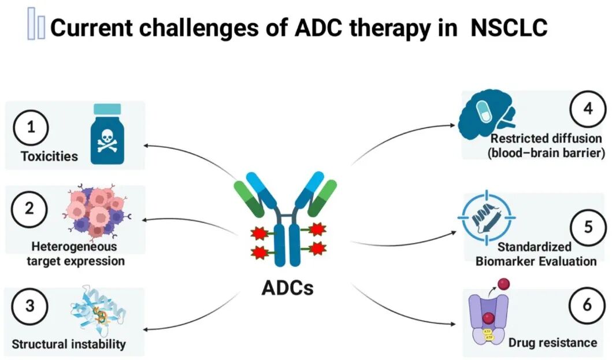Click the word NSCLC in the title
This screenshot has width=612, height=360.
(x=509, y=28)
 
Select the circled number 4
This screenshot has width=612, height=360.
(x=587, y=109)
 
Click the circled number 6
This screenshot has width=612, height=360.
(x=587, y=305)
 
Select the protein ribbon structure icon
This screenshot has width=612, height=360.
(x=99, y=312)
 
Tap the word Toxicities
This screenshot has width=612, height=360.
(x=49, y=157)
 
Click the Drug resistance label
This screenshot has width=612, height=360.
(x=552, y=343)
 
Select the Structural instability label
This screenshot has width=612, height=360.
(x=69, y=345)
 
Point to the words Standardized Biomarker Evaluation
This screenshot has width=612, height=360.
(x=536, y=254)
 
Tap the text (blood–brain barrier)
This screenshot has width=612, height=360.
(x=546, y=154)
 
